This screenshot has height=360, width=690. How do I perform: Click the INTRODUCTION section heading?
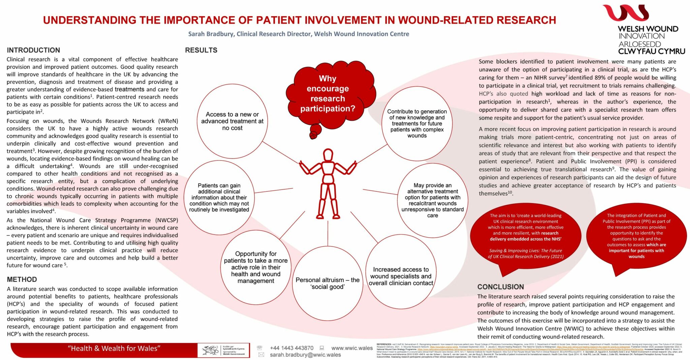click(33, 50)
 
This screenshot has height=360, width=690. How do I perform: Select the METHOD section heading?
click(22, 279)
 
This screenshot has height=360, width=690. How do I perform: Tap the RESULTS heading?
click(201, 50)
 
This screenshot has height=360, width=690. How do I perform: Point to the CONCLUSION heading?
click(500, 287)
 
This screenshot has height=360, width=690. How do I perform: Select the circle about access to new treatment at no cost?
click(232, 121)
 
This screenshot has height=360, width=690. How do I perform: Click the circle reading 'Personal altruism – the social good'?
click(327, 283)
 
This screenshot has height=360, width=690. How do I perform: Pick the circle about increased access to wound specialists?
click(401, 276)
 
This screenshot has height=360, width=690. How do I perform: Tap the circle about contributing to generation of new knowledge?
click(417, 123)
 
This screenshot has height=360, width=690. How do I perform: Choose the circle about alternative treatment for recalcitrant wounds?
click(432, 200)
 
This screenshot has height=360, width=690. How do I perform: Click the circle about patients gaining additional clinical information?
click(219, 198)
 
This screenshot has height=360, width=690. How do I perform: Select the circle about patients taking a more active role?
click(256, 267)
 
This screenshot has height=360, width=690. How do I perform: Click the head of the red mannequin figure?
click(328, 155)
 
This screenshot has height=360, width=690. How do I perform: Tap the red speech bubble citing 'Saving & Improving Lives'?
click(526, 236)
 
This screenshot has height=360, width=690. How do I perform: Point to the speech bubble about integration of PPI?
click(636, 236)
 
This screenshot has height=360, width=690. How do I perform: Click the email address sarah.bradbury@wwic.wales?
click(305, 355)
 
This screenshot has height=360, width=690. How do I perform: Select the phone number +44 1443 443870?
click(291, 348)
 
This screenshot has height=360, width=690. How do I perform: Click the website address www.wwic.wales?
click(352, 348)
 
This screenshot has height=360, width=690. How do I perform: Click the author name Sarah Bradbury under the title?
click(211, 34)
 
